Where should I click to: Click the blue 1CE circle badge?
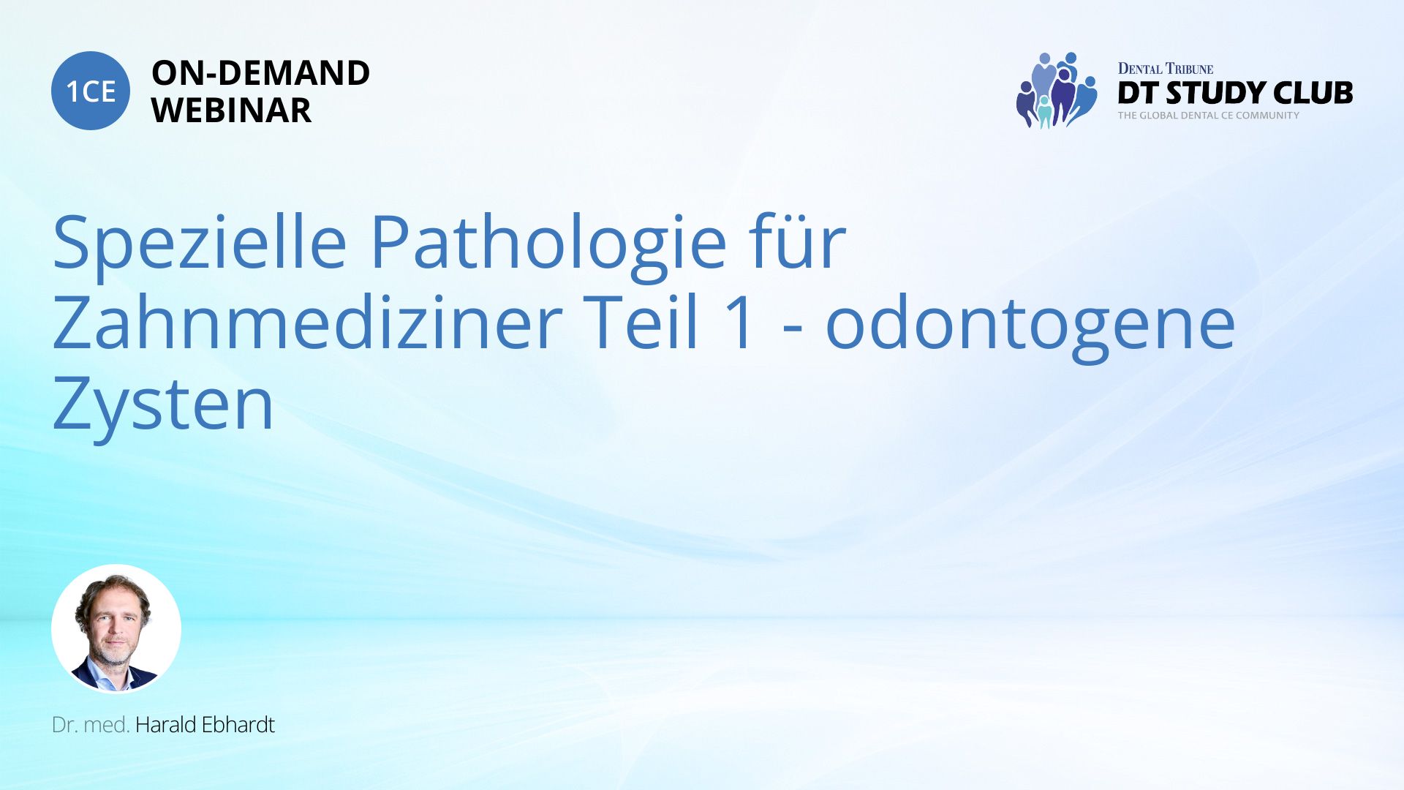(91, 91)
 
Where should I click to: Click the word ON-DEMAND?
(260, 73)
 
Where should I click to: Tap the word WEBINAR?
(231, 110)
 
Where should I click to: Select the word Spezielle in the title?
(200, 242)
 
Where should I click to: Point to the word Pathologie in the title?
(548, 242)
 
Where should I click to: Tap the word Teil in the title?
(643, 323)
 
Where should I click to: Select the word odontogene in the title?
(1030, 326)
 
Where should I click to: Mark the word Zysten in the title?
(163, 404)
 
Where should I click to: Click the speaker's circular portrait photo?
(116, 628)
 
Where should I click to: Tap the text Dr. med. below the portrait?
(91, 725)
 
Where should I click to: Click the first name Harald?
(166, 725)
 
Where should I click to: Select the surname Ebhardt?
(238, 725)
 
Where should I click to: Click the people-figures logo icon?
(1056, 91)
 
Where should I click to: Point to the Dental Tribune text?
(1166, 69)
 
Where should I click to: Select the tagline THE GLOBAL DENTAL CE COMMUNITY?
(1209, 116)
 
